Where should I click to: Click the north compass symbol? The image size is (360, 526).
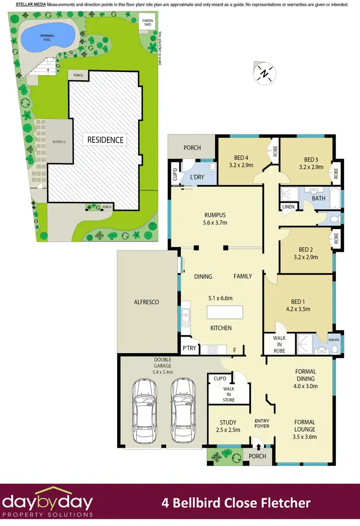coord(264,73)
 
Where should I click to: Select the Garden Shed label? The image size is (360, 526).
coord(146,23)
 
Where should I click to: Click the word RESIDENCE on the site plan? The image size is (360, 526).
coord(105,140)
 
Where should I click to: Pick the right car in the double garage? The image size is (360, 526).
coord(181,403)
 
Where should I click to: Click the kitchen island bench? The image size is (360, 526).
coord(226,313)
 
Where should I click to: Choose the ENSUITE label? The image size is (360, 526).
coord(334,340)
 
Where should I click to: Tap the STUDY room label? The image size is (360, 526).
coord(228,423)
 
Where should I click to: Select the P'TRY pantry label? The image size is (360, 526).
coord(189,348)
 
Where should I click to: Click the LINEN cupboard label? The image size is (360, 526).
coord(288,207)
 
